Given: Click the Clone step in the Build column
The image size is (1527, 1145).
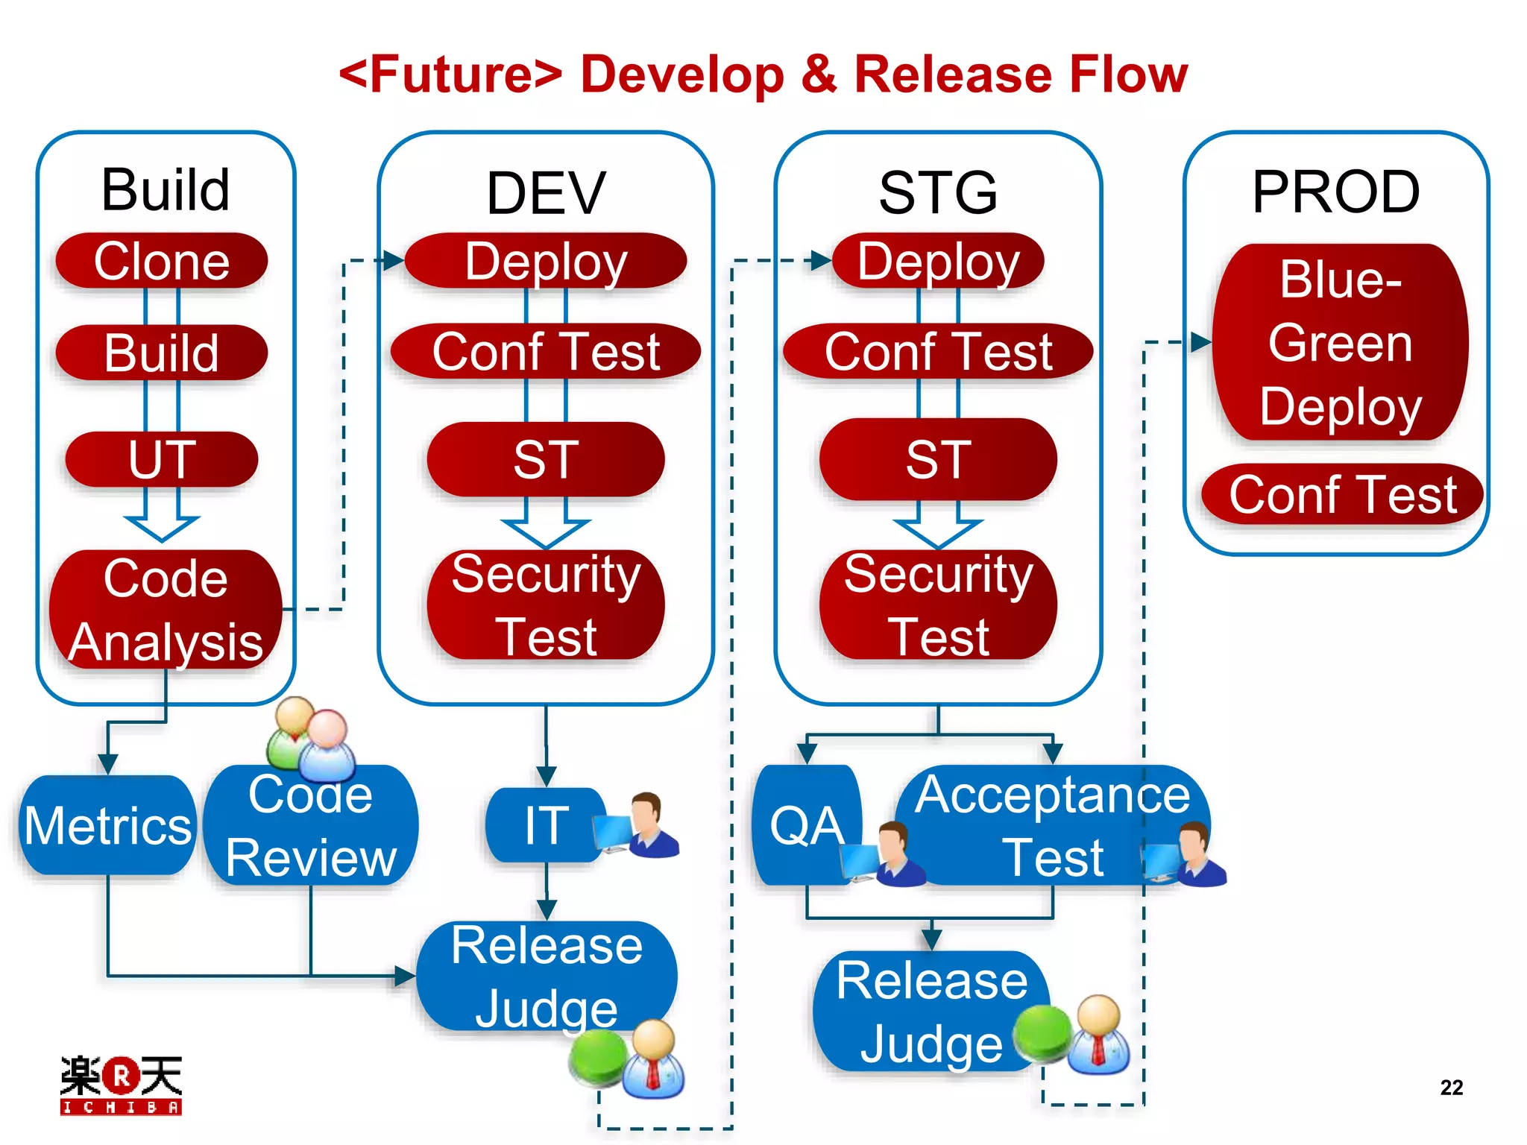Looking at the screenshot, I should coord(162,261).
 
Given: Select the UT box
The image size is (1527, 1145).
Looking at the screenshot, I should coord(162,459).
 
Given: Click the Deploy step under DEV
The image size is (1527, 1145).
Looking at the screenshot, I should coord(546,261).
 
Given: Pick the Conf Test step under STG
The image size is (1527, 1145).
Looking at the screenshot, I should coord(938,351).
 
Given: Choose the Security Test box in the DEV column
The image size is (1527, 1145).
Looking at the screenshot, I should coord(546,605).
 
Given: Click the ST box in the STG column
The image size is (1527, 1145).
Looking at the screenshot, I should coord(938,459).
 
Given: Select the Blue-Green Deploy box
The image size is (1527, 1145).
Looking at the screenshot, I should coord(1340,343).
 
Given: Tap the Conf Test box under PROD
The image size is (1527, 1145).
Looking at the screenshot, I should coord(1342,494).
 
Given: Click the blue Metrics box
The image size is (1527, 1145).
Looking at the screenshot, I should coord(108,825).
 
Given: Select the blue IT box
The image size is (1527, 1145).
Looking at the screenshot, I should coord(546,825).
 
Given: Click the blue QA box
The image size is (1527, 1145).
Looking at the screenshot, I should coord(807,826).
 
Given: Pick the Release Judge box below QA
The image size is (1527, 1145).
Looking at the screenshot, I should coord(932,1012).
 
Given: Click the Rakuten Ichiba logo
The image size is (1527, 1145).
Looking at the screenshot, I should coord(121,1085).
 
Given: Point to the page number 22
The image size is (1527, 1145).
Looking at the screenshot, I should coord(1451,1088).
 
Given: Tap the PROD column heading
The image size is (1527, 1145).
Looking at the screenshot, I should coord(1336,192).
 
